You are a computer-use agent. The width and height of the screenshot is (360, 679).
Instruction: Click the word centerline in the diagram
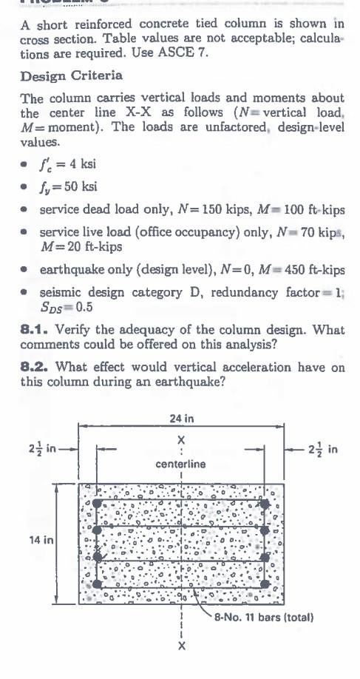pyautogui.click(x=180, y=464)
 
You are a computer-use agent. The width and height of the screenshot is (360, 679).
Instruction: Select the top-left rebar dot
pyautogui.click(x=98, y=503)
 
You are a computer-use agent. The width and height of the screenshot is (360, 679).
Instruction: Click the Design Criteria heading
pyautogui.click(x=71, y=77)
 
